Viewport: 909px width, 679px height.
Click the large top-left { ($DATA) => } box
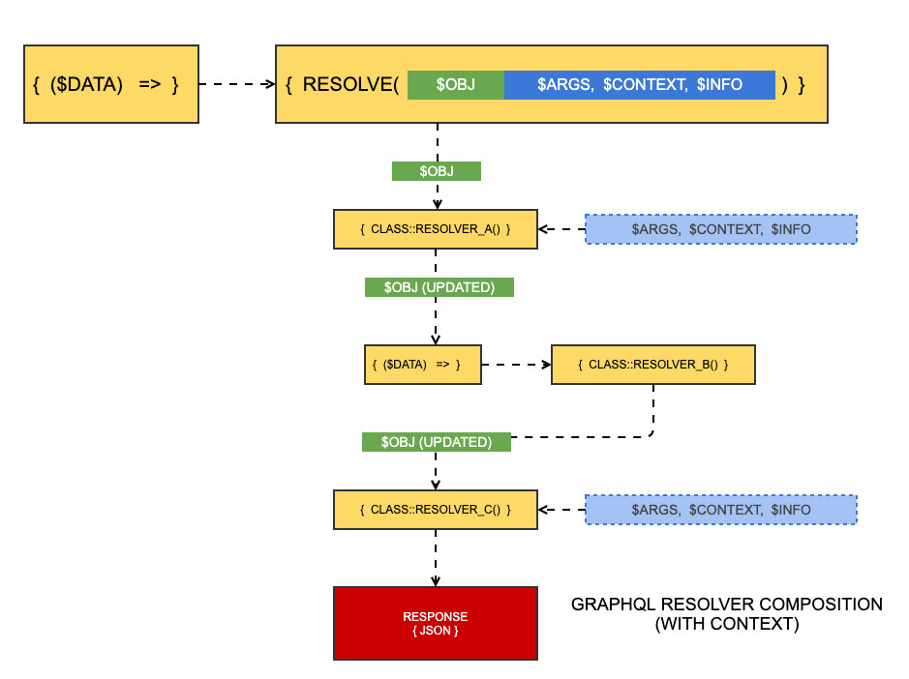point(110,84)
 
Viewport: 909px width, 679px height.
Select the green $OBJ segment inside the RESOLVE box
point(455,84)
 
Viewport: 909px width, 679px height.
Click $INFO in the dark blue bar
point(719,84)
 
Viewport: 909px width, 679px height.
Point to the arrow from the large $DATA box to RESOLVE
point(237,84)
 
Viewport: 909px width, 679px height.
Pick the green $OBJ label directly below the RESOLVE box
point(437,171)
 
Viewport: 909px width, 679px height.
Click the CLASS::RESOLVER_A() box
point(435,229)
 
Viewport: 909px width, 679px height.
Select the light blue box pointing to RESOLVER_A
point(720,229)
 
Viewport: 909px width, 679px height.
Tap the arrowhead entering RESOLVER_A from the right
point(544,229)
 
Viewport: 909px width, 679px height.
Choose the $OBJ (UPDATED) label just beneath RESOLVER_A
point(439,287)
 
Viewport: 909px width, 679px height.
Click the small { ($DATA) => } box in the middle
point(422,365)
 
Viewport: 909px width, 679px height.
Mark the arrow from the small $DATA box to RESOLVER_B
point(515,365)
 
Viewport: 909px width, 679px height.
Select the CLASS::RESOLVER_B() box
point(652,365)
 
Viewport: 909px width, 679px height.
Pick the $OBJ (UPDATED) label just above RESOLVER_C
point(436,442)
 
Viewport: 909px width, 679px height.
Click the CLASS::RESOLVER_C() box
point(435,509)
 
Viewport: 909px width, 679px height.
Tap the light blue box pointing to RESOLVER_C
point(720,509)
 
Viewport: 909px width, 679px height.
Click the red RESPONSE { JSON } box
point(435,623)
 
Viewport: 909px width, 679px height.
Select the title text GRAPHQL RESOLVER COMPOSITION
point(726,605)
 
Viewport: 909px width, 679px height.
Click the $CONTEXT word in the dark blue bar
point(645,84)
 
